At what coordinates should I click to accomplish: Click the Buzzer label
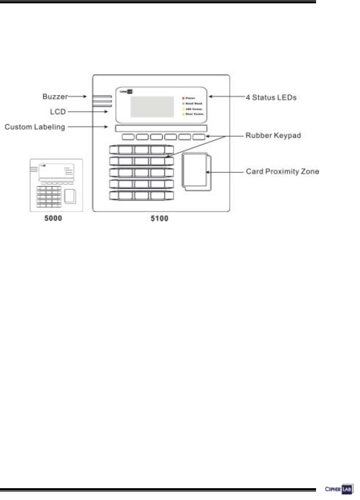click(x=55, y=96)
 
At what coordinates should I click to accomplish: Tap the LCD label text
click(x=58, y=112)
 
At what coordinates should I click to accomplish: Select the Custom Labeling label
click(x=35, y=127)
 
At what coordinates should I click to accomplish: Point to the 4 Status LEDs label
click(x=271, y=98)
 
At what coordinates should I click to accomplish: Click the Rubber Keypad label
click(x=273, y=136)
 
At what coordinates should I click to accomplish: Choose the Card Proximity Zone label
click(x=282, y=171)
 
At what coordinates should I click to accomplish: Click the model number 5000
click(x=53, y=218)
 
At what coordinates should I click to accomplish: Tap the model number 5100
click(x=160, y=219)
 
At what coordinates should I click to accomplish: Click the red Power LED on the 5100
click(x=184, y=98)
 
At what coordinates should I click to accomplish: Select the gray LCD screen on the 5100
click(x=152, y=106)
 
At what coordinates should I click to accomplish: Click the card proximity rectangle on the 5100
click(x=196, y=171)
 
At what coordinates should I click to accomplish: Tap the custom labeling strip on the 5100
click(x=161, y=128)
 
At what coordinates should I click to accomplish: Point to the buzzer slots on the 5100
click(x=102, y=101)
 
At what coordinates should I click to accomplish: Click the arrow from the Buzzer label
click(x=78, y=96)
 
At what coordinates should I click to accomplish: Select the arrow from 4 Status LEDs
click(x=227, y=97)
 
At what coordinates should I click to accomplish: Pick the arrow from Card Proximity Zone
click(x=225, y=172)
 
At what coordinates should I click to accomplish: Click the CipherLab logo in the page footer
click(x=339, y=489)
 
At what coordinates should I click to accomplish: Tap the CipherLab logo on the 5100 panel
click(x=126, y=92)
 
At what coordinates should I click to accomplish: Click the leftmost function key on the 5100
click(x=128, y=137)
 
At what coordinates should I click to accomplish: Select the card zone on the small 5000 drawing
click(x=70, y=196)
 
